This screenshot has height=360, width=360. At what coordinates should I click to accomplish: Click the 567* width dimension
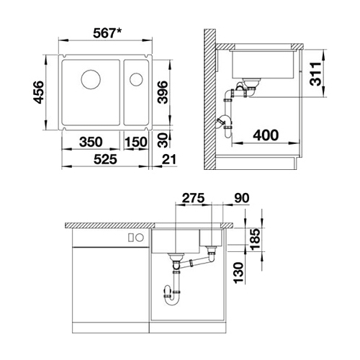(107, 33)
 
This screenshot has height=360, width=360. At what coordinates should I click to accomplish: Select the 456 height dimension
(39, 92)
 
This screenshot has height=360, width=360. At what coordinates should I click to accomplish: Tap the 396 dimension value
(162, 92)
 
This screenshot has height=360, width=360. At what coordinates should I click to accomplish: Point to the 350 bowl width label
(91, 142)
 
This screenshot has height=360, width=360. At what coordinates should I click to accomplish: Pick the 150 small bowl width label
(135, 142)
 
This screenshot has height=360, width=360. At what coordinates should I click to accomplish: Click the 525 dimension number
(105, 159)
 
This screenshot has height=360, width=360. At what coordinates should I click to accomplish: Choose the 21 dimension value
(169, 159)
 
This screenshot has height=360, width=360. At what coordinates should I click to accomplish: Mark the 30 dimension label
(163, 140)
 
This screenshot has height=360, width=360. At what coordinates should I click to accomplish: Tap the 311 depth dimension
(315, 74)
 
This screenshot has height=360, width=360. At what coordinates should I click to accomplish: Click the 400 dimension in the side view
(266, 135)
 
